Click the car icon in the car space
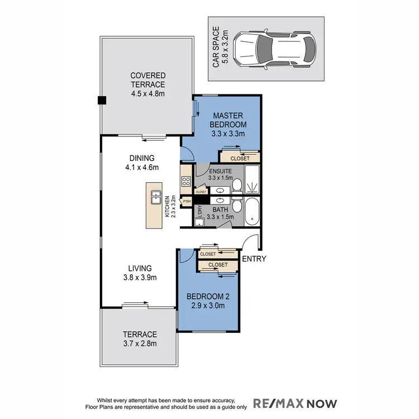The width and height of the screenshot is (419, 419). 274,51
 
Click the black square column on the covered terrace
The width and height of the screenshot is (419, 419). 102,101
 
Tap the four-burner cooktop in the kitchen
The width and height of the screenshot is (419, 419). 186,182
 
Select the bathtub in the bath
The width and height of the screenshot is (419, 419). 253,212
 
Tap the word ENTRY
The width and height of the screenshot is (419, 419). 254,259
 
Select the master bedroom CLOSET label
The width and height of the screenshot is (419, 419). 240,158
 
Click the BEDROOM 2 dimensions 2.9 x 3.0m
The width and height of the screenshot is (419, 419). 206,306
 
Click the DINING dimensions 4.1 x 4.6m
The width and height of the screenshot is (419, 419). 141,167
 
